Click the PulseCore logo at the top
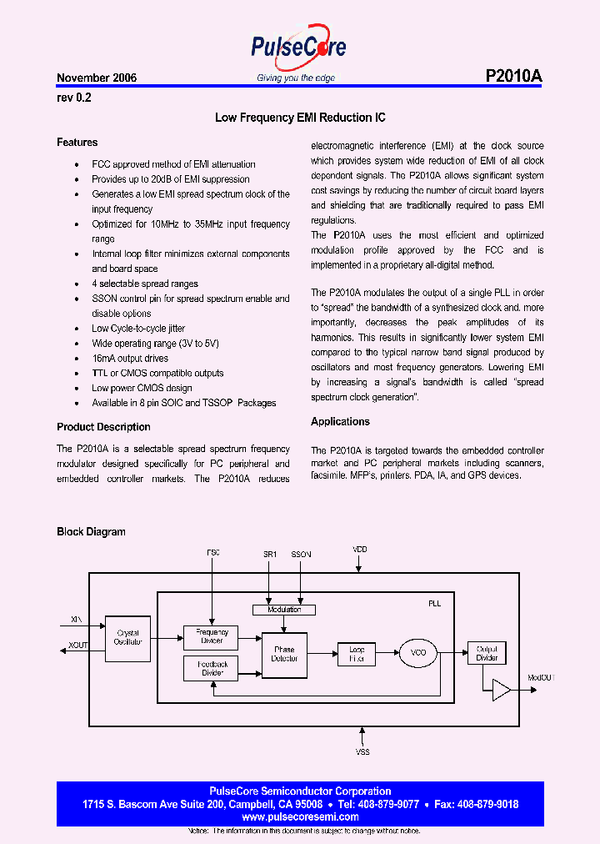point(298,48)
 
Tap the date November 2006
point(97,78)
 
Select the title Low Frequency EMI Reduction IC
point(300,118)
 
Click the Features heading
point(77,143)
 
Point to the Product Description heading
point(103,427)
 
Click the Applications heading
point(340,422)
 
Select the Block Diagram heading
point(91,532)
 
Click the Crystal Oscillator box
point(128,637)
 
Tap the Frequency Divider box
point(211,637)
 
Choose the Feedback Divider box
point(211,667)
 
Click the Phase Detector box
point(284,654)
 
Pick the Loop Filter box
point(356,654)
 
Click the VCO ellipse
point(418,654)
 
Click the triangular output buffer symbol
point(502,689)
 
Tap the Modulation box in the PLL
point(284,610)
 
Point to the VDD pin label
point(359,550)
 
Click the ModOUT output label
point(542,678)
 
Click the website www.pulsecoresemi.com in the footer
point(299,817)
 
